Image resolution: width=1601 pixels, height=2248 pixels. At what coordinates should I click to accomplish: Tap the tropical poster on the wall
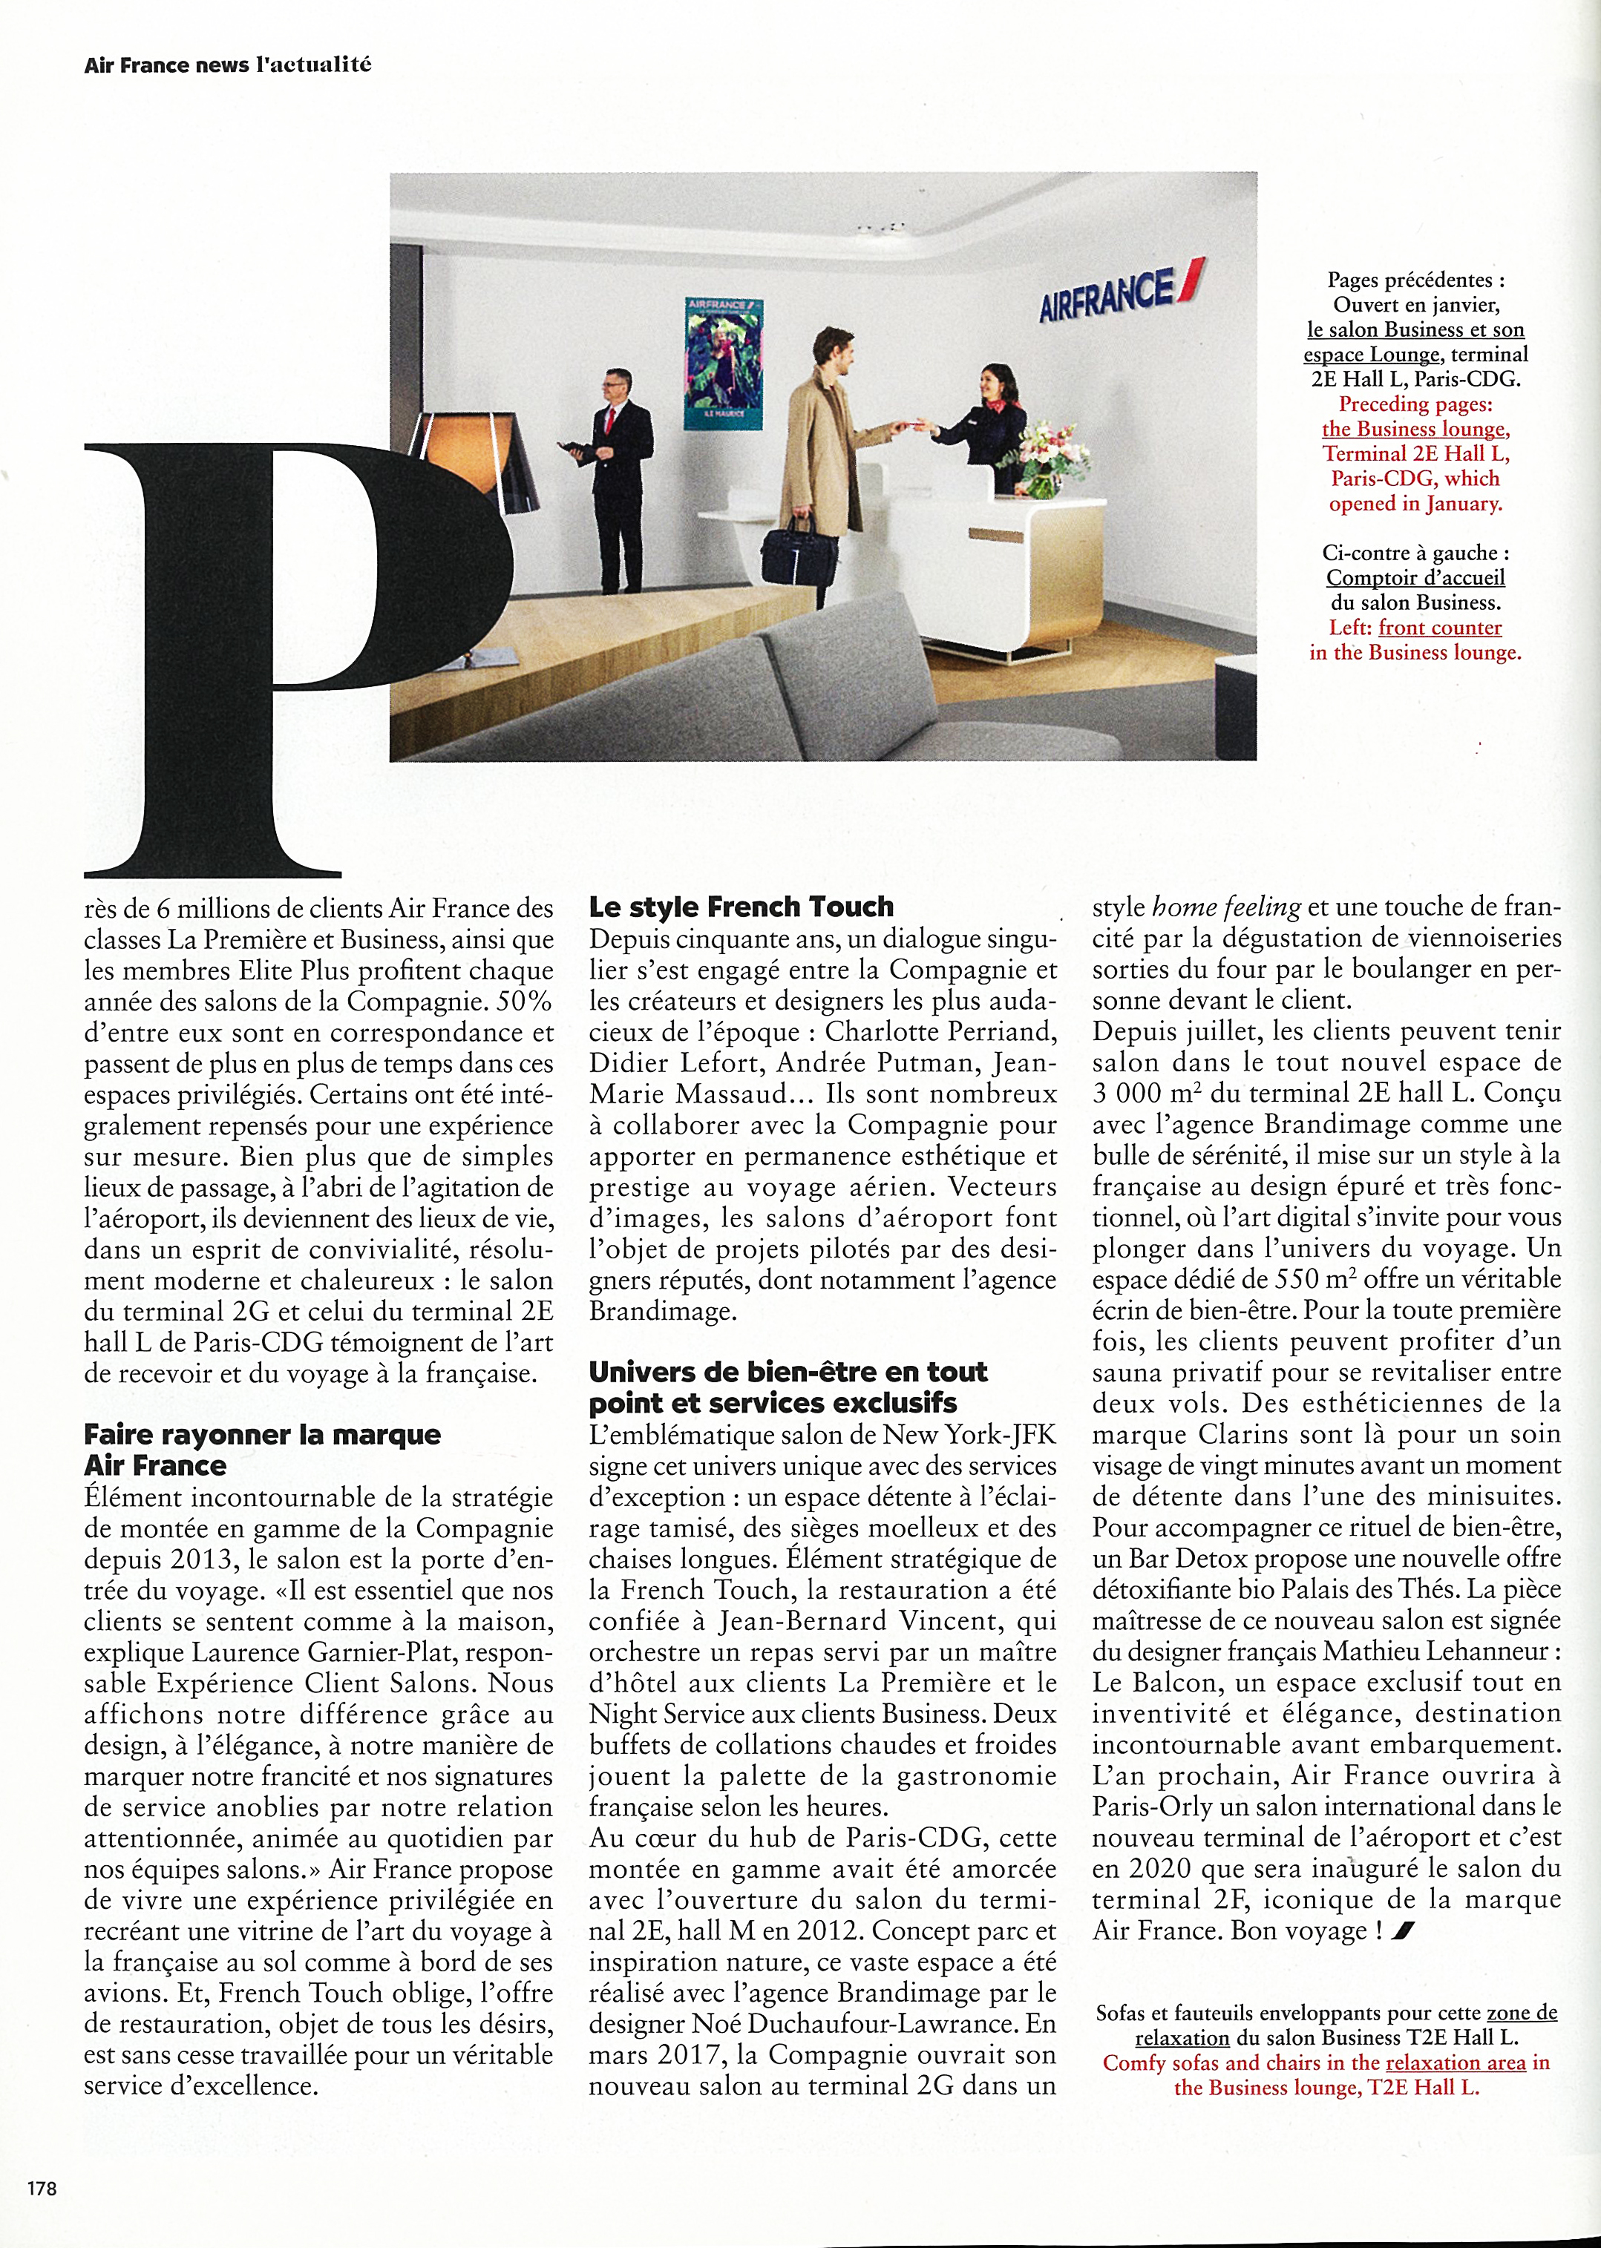point(724,364)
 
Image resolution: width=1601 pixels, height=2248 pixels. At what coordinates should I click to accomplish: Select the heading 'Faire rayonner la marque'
point(262,1435)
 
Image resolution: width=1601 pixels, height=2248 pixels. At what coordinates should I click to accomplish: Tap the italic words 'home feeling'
point(1225,907)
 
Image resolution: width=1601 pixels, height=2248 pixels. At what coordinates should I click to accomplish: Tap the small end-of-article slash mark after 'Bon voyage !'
point(1404,1932)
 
